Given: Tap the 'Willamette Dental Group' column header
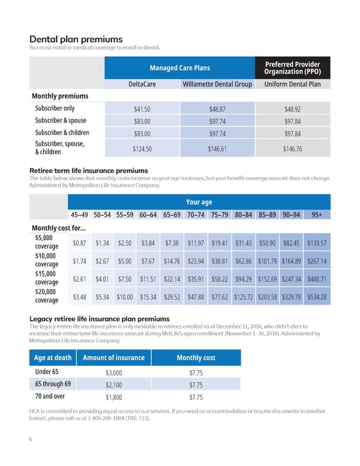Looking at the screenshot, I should [217, 84].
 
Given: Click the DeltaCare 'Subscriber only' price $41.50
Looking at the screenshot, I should [142, 109].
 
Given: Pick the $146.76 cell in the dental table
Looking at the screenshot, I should [293, 149].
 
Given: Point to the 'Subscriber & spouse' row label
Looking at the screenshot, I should [61, 121].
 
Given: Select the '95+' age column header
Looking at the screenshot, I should [316, 216].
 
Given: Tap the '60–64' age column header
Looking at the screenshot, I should [148, 216].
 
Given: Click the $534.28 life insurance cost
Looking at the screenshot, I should [316, 297].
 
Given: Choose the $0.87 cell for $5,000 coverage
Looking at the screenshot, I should [79, 243].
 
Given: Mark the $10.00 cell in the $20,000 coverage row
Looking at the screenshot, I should [125, 297].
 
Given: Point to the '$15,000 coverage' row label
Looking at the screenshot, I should [46, 279].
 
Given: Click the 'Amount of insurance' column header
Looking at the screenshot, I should [114, 357].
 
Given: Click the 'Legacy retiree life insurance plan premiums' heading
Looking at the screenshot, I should [100, 318].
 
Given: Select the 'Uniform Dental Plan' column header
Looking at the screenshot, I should [293, 84].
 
